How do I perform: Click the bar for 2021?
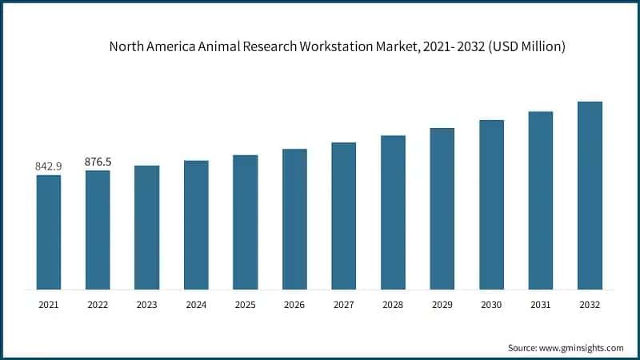tap(48, 232)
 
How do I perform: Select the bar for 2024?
tap(196, 225)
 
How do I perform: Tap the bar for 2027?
tap(344, 216)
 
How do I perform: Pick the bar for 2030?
tap(491, 205)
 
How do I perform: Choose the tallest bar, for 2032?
tap(590, 195)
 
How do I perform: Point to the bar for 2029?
tap(442, 209)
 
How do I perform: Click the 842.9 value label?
tap(48, 166)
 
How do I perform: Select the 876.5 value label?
tap(98, 162)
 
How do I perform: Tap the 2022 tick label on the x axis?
tap(98, 305)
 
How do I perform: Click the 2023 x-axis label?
tap(146, 305)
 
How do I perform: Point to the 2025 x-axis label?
tap(245, 305)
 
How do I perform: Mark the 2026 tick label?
tap(294, 305)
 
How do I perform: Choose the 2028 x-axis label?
tap(393, 305)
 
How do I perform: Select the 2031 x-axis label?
tap(540, 305)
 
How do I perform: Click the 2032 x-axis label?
tap(590, 305)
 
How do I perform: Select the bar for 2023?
tap(146, 227)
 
